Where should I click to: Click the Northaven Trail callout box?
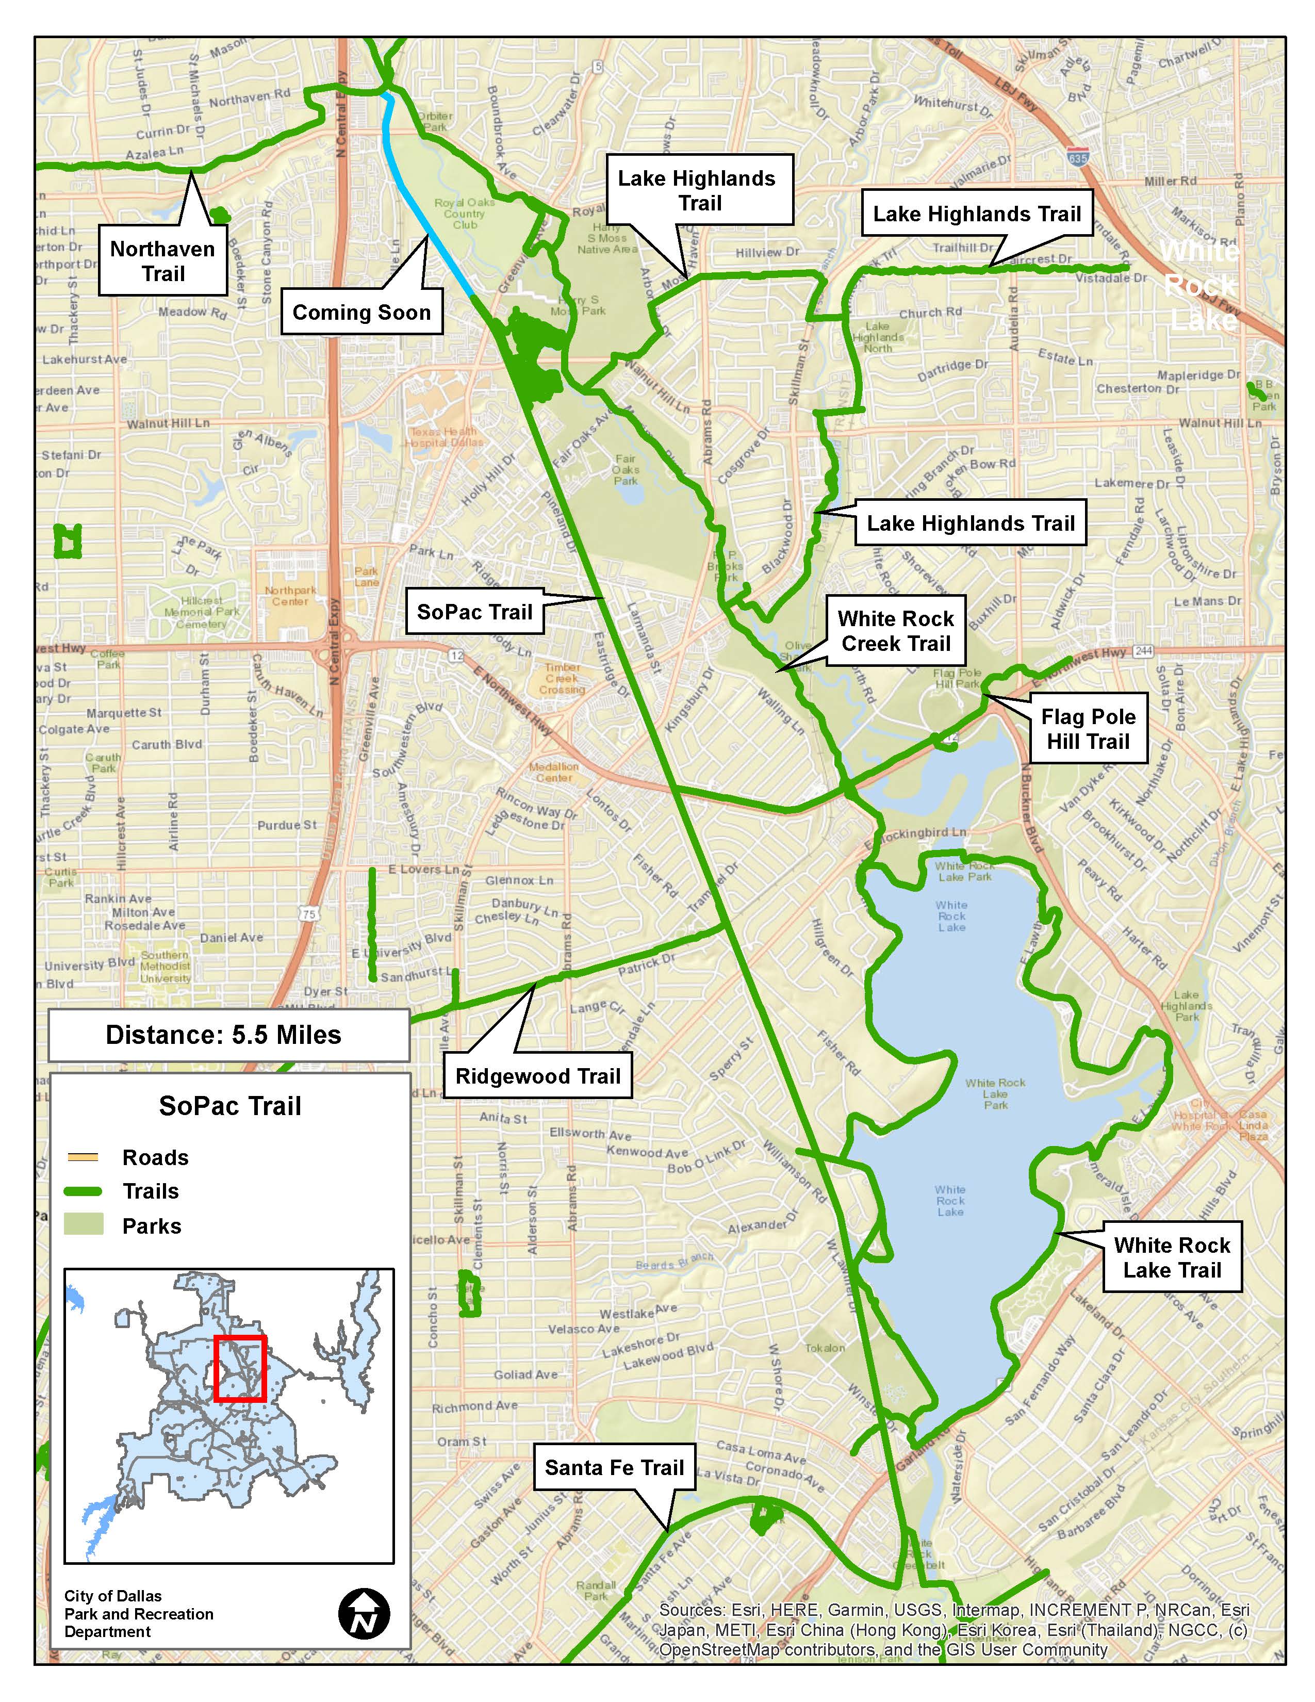click(x=163, y=261)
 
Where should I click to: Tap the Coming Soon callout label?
click(x=361, y=313)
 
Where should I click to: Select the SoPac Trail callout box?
click(x=474, y=612)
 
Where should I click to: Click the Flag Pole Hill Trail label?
click(x=1088, y=729)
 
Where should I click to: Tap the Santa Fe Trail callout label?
click(x=614, y=1467)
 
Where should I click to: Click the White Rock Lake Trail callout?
click(x=1172, y=1257)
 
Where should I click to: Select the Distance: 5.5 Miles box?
click(x=228, y=1035)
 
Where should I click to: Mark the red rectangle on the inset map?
click(x=240, y=1369)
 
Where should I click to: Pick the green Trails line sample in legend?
click(x=83, y=1191)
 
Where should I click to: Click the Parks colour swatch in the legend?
click(x=83, y=1225)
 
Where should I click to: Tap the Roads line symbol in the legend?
click(x=83, y=1157)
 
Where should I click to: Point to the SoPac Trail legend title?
click(x=230, y=1106)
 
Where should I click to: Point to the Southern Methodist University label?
click(x=165, y=967)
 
